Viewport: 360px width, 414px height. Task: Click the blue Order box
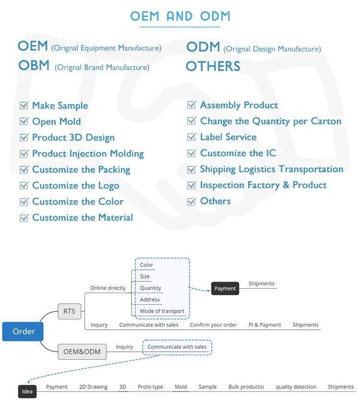pyautogui.click(x=23, y=331)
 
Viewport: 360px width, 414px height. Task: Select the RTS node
pyautogui.click(x=69, y=311)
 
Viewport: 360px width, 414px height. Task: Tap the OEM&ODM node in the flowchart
pyautogui.click(x=82, y=352)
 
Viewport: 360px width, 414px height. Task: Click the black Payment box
pyautogui.click(x=225, y=288)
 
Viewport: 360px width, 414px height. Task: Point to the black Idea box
pyautogui.click(x=27, y=391)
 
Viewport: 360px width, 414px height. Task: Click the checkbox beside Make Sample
pyautogui.click(x=24, y=106)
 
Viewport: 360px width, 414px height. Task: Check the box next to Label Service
pyautogui.click(x=192, y=137)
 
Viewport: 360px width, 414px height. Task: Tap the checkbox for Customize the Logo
pyautogui.click(x=24, y=186)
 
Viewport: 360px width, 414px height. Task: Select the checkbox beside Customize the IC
pyautogui.click(x=192, y=154)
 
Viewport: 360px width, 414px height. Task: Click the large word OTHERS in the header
pyautogui.click(x=213, y=66)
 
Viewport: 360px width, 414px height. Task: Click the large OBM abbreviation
pyautogui.click(x=34, y=65)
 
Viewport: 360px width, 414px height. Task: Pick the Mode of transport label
pyautogui.click(x=162, y=311)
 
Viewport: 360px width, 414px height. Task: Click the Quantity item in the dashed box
pyautogui.click(x=151, y=288)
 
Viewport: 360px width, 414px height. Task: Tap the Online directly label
pyautogui.click(x=108, y=288)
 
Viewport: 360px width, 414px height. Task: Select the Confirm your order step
pyautogui.click(x=213, y=325)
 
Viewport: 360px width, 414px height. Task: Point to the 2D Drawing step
pyautogui.click(x=93, y=387)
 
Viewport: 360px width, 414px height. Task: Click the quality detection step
pyautogui.click(x=296, y=387)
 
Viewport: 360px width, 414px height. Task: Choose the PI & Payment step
pyautogui.click(x=264, y=325)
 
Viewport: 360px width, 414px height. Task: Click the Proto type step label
pyautogui.click(x=150, y=387)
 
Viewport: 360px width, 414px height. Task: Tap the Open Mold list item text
pyautogui.click(x=56, y=122)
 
